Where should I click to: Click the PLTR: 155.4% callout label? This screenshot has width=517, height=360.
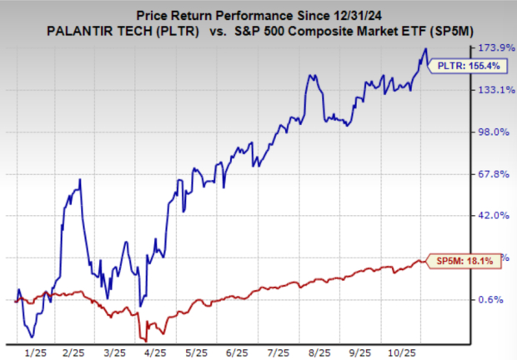point(461,65)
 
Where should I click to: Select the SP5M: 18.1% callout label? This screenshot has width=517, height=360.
point(462,262)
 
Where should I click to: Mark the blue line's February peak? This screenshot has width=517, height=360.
point(80,179)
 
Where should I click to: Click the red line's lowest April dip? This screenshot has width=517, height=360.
point(146,340)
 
